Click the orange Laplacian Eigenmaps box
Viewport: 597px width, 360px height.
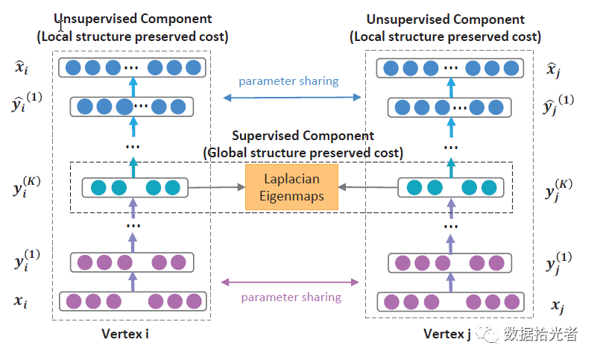tap(291, 187)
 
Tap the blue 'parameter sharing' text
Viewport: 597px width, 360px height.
tap(288, 81)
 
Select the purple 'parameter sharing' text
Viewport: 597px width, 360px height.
tap(291, 297)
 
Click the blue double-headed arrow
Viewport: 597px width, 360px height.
tap(292, 98)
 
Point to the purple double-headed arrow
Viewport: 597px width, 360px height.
tap(290, 282)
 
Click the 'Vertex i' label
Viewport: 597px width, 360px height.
tap(125, 334)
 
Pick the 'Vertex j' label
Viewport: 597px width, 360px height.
tap(447, 334)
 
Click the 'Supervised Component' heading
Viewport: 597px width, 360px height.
tap(303, 136)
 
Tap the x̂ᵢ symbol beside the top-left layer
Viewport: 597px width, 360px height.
tap(22, 67)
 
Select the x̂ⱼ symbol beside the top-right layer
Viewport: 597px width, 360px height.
tap(553, 70)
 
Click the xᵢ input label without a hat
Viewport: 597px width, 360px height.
tap(21, 301)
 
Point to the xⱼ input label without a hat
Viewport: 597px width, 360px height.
tap(557, 306)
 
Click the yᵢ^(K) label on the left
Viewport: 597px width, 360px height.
tap(26, 186)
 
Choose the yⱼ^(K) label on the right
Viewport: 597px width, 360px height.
tap(558, 189)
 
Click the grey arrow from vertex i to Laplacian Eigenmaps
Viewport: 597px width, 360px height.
tap(217, 187)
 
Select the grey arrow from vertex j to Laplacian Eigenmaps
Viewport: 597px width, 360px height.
tap(367, 187)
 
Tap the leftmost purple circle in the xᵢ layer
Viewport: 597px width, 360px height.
tap(74, 301)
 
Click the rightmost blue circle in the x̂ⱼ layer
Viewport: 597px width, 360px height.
tap(511, 69)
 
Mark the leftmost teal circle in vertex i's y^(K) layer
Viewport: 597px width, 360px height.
tap(98, 188)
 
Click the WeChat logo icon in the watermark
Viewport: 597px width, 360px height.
tap(487, 334)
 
